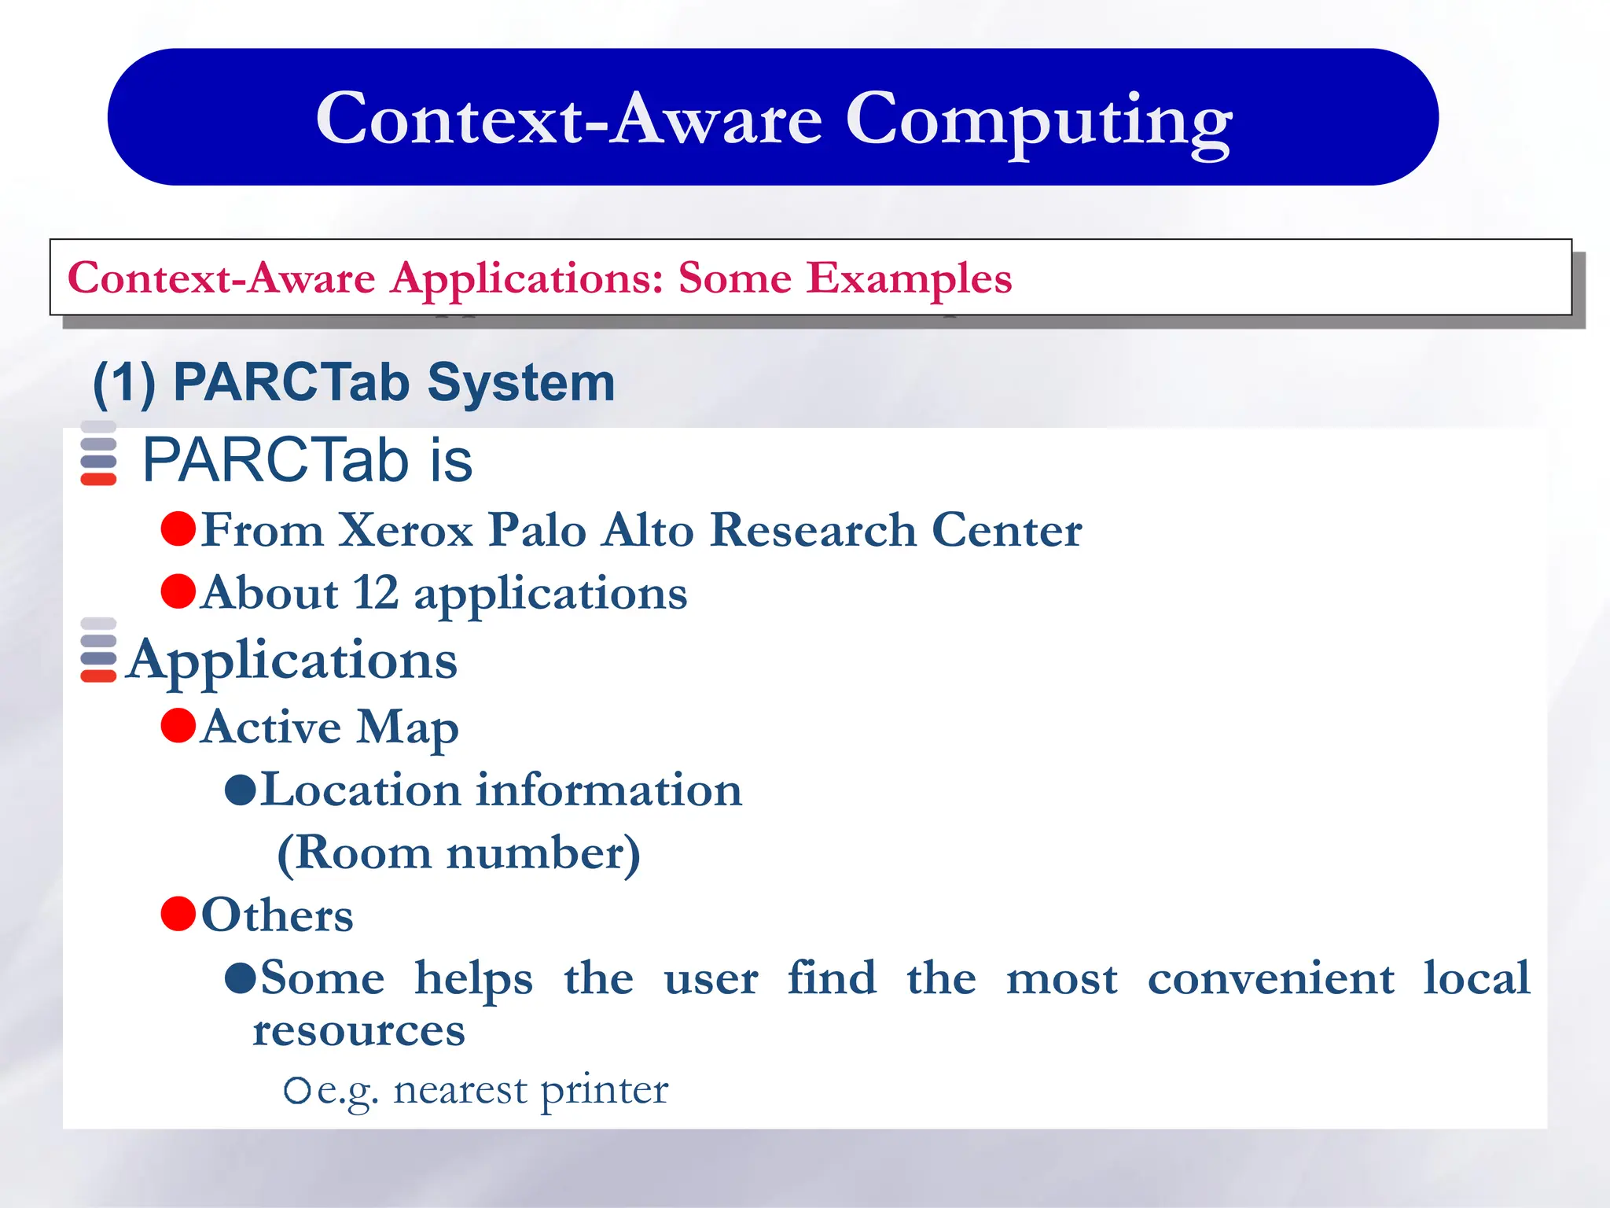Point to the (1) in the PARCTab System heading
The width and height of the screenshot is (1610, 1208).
(124, 383)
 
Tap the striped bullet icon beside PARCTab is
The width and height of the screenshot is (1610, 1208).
(98, 454)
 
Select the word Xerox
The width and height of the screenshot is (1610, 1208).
(405, 530)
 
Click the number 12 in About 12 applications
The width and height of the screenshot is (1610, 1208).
(375, 593)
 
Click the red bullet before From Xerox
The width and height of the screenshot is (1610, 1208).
(178, 528)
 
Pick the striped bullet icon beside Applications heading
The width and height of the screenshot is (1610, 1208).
(98, 650)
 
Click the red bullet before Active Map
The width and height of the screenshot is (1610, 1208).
(178, 725)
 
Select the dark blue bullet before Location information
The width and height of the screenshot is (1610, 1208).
(241, 790)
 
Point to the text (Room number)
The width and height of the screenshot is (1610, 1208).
(458, 853)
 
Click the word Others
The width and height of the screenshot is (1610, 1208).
(277, 915)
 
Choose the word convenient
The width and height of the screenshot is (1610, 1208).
(1270, 979)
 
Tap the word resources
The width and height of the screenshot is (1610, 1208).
(358, 1031)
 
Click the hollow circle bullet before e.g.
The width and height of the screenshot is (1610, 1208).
(297, 1091)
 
